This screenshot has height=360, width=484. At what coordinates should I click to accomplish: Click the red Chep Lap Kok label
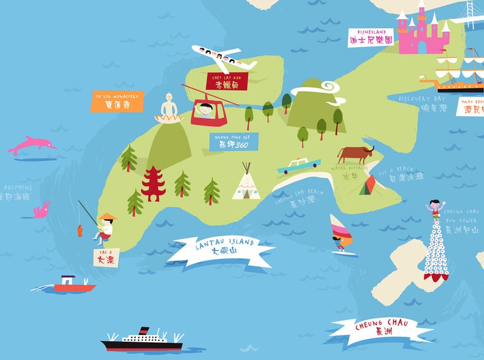coord(227,82)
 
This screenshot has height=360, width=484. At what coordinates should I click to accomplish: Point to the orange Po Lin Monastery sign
coord(118,101)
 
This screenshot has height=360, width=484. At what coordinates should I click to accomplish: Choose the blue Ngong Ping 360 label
coord(233,142)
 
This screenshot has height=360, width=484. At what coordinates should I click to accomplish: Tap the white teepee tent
coord(246,183)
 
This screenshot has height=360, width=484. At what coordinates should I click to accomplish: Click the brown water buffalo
coord(355,154)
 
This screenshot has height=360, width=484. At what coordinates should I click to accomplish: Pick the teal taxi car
coord(299,165)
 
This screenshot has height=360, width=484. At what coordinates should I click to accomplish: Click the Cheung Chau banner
coord(381,328)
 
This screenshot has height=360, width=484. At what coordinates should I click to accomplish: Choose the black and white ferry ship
coord(142,341)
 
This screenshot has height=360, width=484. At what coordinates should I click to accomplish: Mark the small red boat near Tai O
coord(73,285)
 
